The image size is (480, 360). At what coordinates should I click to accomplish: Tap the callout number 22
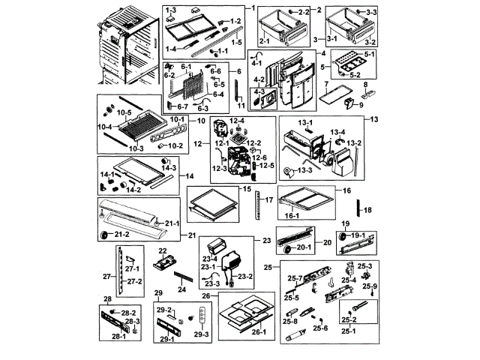coord(162,250)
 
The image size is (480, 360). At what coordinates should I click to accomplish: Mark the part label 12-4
coord(238,120)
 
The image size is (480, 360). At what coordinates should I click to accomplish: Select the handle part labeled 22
coord(164,262)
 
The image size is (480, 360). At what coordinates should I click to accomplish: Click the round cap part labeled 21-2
coord(105,237)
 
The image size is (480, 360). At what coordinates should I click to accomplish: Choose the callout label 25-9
coord(371,286)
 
